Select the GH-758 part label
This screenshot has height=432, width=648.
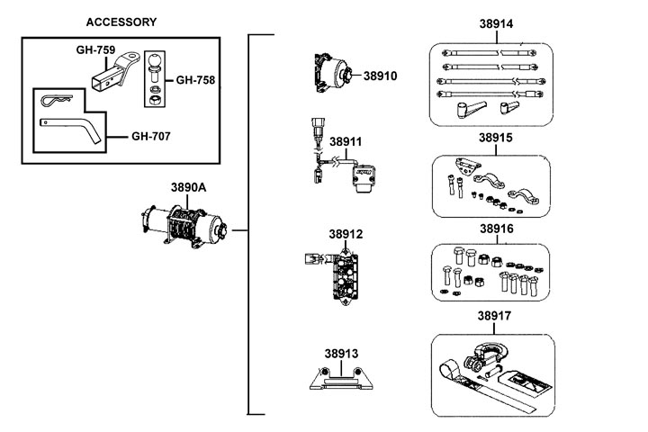195,80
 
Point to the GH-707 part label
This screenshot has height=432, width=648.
151,137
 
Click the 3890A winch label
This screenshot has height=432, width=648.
189,188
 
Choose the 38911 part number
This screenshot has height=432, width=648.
346,142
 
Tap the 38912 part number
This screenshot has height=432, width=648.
345,235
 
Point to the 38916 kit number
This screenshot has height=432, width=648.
495,229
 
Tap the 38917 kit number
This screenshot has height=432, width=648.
495,317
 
